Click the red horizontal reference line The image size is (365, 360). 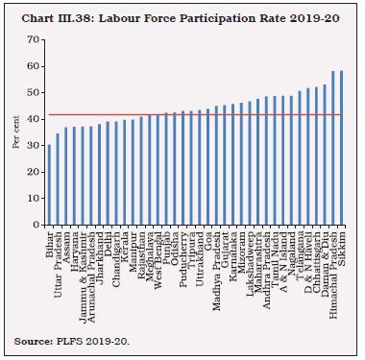[x=192, y=115]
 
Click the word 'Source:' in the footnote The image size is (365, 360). [x=36, y=341]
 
